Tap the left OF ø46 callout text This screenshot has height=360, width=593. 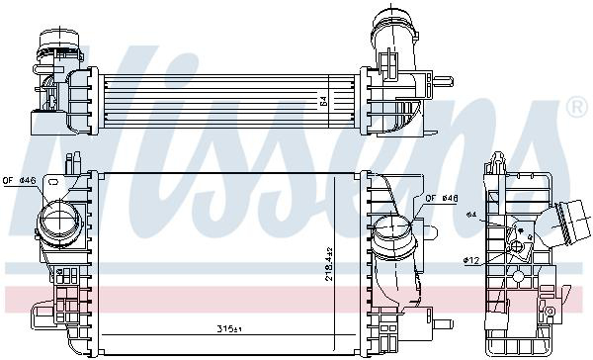20,181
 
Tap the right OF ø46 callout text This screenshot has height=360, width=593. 443,199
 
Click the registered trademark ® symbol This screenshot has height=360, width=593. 576,106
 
